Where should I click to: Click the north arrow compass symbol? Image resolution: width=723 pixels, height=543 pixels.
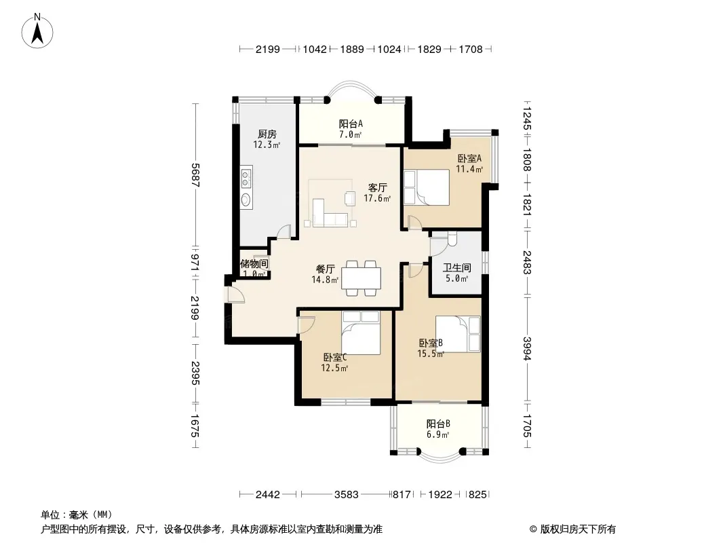click(37, 31)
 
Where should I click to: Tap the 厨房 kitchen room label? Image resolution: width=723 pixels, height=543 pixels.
click(267, 134)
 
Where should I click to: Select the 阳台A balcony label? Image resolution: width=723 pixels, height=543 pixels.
click(351, 124)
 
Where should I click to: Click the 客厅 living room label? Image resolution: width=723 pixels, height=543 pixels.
click(377, 188)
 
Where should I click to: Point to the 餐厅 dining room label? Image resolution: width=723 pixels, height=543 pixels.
click(325, 269)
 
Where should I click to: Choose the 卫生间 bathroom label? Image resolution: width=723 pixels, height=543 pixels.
click(457, 267)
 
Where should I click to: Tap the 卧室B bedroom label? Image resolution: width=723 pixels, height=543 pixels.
click(431, 343)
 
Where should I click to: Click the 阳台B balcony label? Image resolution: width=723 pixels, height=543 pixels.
click(438, 424)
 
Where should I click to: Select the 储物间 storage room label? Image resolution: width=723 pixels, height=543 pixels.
click(254, 264)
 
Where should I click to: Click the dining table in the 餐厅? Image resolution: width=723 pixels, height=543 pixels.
click(361, 279)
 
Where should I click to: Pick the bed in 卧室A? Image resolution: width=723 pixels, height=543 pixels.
click(426, 187)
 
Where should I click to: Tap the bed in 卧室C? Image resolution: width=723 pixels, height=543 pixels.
click(361, 333)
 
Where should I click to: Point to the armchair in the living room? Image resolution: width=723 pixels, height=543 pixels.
click(350, 198)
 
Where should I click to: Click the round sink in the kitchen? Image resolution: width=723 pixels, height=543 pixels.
click(246, 200)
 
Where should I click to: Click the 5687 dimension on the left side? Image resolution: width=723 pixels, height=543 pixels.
click(195, 175)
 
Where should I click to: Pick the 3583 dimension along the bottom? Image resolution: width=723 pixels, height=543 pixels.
click(347, 495)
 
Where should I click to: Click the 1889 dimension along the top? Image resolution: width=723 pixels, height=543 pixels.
click(352, 50)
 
